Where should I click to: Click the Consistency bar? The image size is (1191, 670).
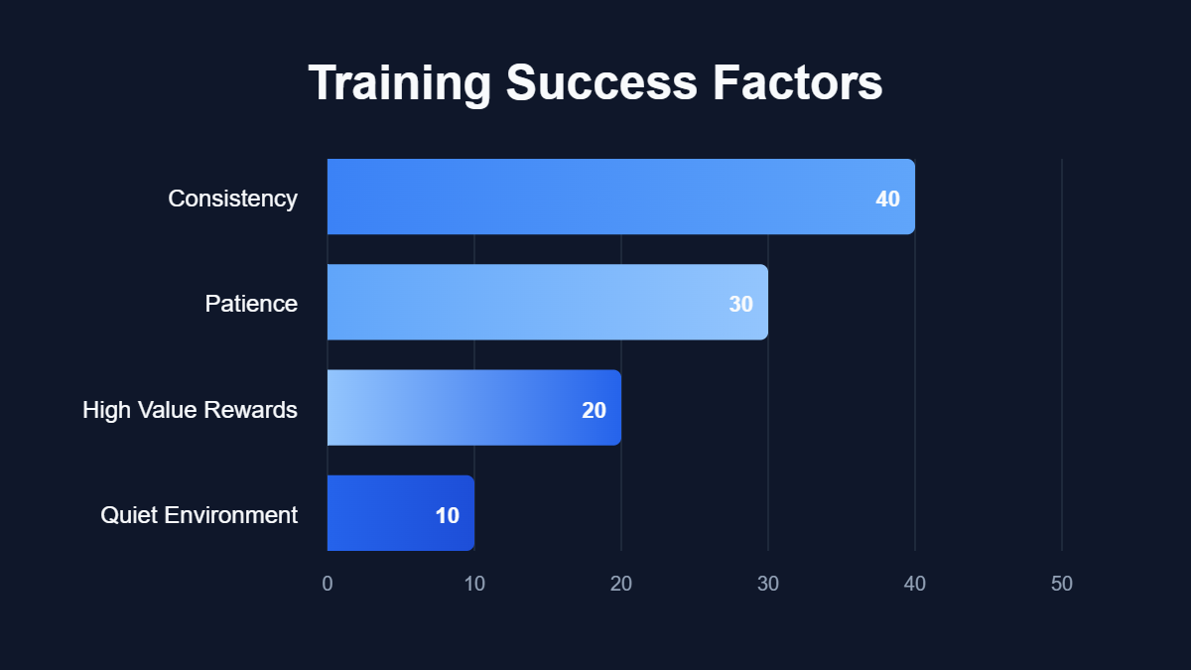point(595,197)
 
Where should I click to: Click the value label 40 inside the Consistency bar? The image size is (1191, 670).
point(887,199)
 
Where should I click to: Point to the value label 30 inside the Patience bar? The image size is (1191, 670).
point(740,304)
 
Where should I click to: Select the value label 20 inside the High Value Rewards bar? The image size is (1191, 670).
point(594,410)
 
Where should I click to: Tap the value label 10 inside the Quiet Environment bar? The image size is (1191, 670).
point(447,515)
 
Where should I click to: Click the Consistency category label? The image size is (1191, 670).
point(232,199)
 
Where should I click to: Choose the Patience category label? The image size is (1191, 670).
point(251,304)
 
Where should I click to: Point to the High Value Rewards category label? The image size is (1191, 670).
point(190,410)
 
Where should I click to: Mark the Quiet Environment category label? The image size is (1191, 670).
point(198,515)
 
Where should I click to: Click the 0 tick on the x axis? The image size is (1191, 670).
point(328,584)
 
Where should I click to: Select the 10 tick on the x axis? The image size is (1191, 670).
point(474,584)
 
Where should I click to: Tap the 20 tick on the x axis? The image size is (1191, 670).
point(621,584)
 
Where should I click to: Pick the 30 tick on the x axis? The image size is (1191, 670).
point(768,584)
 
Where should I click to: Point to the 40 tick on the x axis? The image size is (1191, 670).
point(915,584)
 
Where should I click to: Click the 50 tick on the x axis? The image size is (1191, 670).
point(1062,584)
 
